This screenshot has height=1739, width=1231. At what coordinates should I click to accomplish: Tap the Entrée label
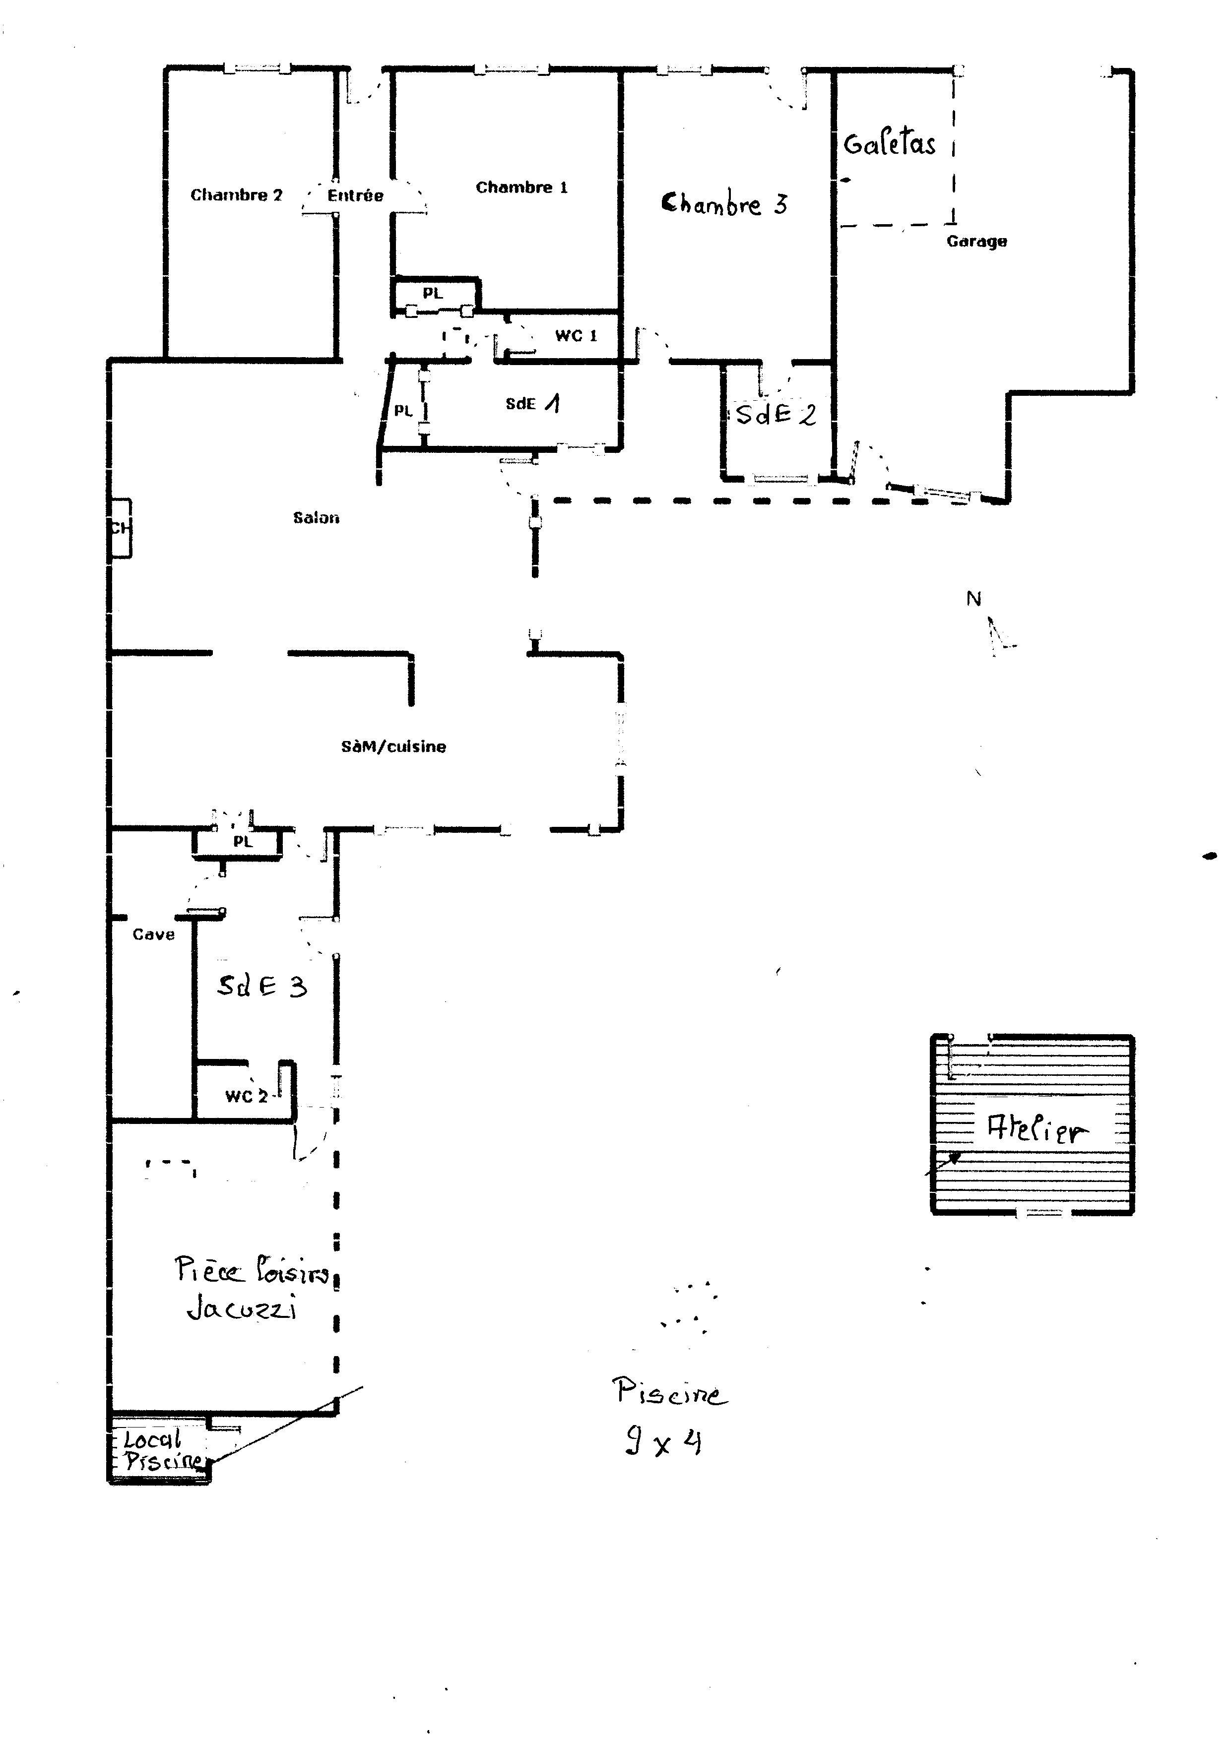coord(355,195)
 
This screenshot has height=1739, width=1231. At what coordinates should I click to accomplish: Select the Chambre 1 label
coord(521,188)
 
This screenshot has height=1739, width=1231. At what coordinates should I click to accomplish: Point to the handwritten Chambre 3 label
coord(724,204)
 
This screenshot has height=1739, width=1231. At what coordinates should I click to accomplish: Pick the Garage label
coord(976,242)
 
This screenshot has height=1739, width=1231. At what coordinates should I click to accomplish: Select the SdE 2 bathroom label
coord(776,415)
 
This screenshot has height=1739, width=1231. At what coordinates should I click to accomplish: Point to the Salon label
coord(316,518)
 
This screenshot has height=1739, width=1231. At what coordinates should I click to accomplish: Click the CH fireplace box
coord(121,528)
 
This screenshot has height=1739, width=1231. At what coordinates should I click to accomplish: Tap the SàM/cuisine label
coord(393,747)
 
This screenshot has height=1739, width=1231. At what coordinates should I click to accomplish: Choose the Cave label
coord(153,935)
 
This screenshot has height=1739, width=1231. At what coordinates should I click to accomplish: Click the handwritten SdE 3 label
coord(262,986)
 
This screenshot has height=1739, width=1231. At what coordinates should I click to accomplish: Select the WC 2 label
coord(247,1097)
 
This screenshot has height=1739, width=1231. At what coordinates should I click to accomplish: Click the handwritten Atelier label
coord(1037,1130)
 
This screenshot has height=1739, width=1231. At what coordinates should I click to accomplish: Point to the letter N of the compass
coord(973,599)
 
